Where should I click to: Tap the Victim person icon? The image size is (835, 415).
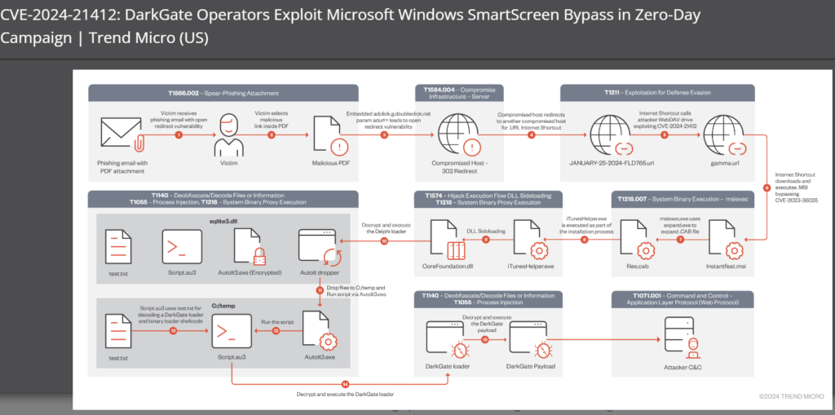tap(228, 134)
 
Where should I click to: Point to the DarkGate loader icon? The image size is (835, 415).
tap(448, 341)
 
